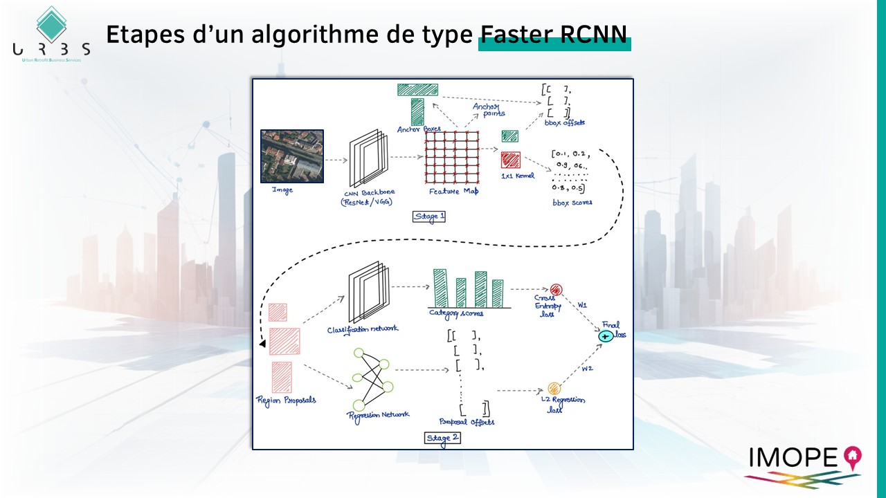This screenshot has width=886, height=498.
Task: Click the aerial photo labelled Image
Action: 292,156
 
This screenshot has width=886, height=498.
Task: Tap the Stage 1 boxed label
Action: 429,216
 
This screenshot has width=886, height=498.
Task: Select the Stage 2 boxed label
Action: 442,438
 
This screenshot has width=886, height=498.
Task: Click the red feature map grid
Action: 452,156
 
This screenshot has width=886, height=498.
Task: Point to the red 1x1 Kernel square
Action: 511,160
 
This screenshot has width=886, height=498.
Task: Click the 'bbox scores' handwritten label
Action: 572,203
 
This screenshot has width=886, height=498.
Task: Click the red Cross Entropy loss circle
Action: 557,290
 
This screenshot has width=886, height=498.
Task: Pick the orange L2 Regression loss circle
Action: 554,388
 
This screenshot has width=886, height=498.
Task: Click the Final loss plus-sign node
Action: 606,335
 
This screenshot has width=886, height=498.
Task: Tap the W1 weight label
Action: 582,304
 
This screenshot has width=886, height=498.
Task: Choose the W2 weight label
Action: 587,369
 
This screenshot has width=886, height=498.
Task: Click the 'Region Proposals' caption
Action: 286,400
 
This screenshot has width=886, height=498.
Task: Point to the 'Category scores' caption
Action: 457,313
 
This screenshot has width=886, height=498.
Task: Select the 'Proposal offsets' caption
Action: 467,421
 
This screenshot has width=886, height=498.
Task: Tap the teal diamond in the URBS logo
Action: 51,24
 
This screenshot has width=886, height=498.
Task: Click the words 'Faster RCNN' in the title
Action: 554,35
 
